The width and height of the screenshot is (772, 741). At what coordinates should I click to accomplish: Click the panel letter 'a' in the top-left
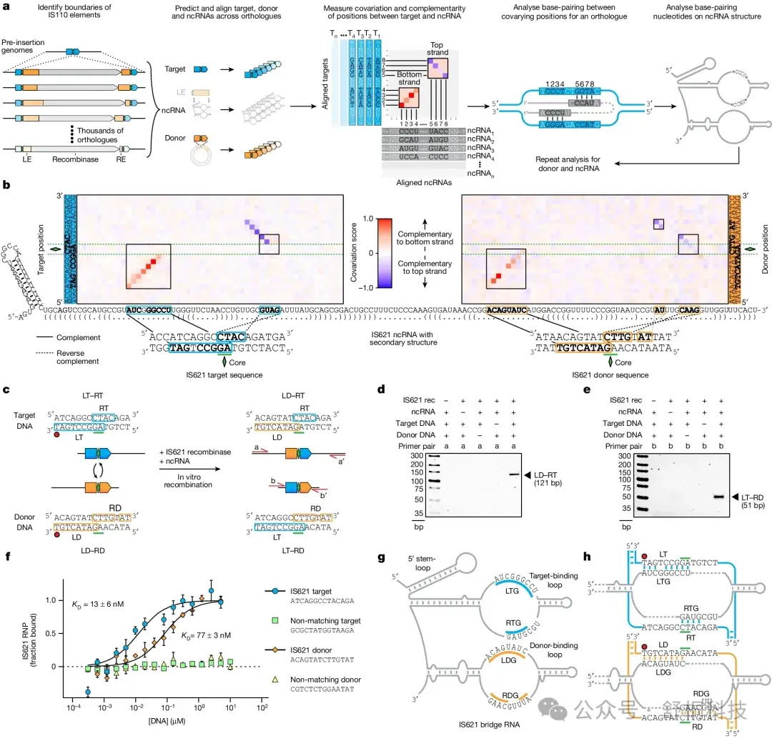(x=6, y=6)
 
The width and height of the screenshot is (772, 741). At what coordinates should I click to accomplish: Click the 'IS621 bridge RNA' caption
(x=488, y=725)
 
